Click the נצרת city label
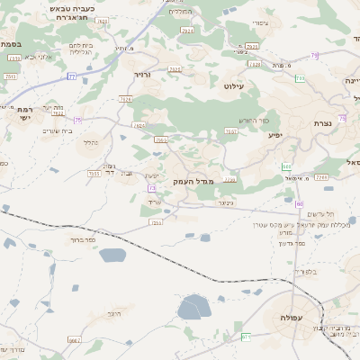point(324,123)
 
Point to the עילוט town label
point(235,85)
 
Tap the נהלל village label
point(91,142)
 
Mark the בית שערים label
point(57,131)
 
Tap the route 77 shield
point(71,76)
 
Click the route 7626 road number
point(125,100)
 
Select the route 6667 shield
point(74,340)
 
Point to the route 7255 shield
point(157,222)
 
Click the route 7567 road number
point(231,131)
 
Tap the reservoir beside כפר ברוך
point(112,256)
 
